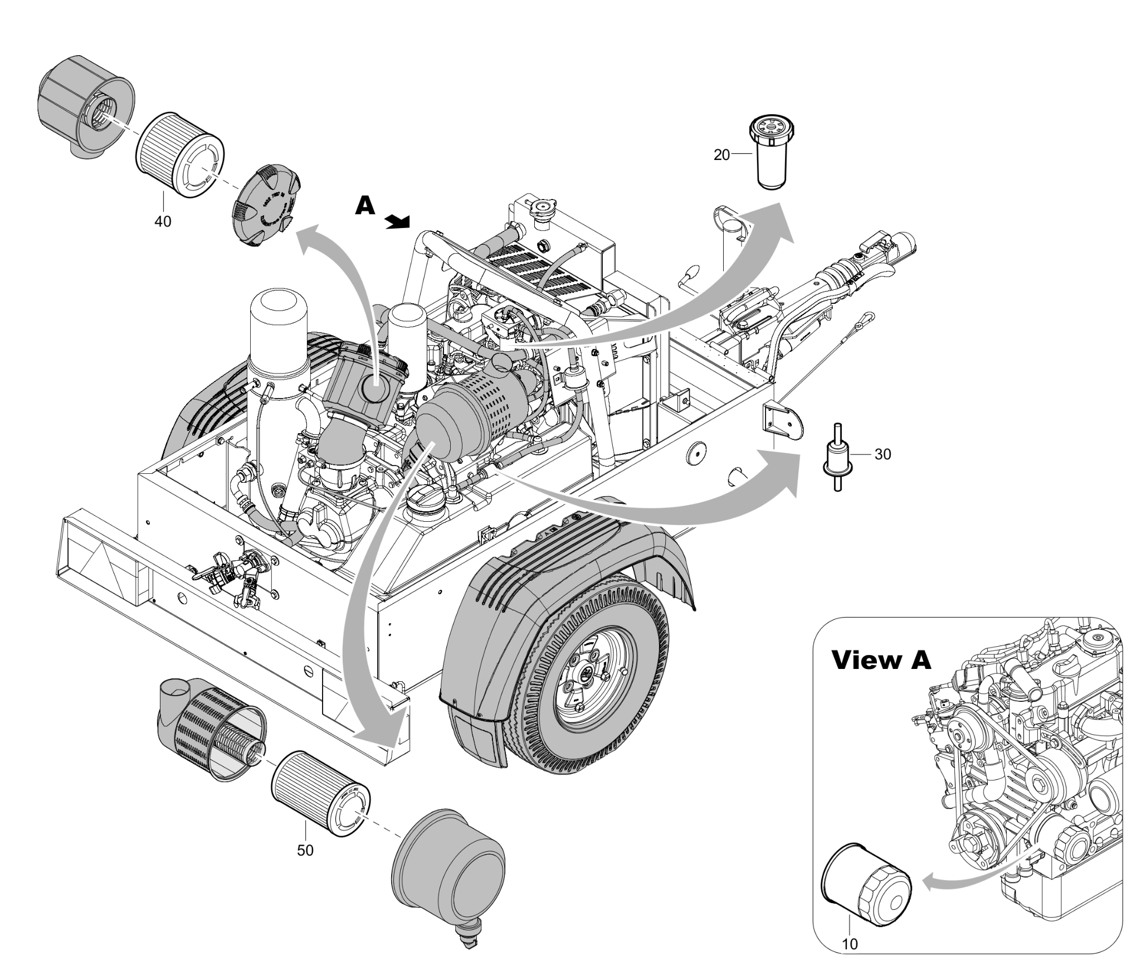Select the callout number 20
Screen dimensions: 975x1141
point(721,156)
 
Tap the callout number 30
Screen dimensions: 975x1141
point(882,454)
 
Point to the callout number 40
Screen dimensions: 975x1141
point(163,221)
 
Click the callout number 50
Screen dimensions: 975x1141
point(305,851)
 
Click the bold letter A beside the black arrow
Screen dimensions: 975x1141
point(365,206)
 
